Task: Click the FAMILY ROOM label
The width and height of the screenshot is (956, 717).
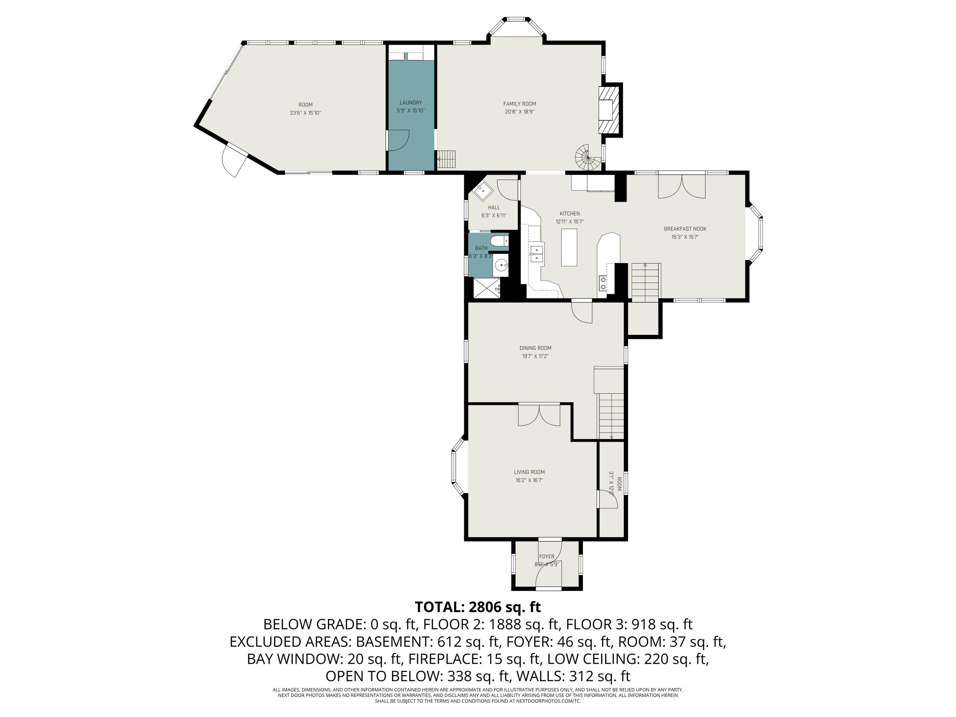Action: pos(519,104)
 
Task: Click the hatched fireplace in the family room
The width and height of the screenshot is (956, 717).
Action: pos(610,110)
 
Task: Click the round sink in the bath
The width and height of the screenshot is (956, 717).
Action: pos(501,265)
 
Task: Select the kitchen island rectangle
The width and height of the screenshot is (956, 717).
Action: pos(569,247)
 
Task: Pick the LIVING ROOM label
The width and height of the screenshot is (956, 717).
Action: pos(529,472)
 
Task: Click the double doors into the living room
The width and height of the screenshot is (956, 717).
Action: pos(539,415)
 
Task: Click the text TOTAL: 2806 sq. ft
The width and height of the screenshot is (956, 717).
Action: pos(478,607)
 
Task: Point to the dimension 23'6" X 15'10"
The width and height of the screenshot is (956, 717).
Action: pos(305,113)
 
